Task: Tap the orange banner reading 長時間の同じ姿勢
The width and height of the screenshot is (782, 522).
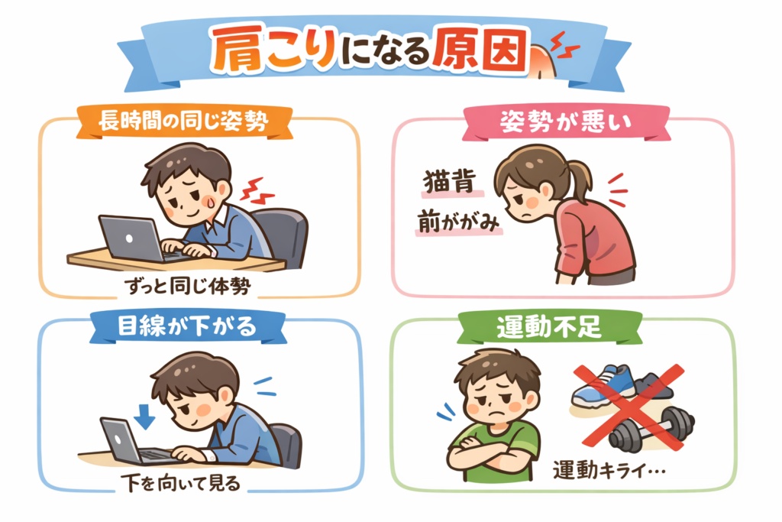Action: [x=184, y=122]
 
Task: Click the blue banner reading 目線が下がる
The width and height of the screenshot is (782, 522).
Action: [x=188, y=327]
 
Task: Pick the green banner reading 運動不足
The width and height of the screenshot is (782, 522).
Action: [x=549, y=327]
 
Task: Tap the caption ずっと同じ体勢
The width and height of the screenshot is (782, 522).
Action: [x=188, y=286]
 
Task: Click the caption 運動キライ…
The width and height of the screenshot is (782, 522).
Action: [x=609, y=470]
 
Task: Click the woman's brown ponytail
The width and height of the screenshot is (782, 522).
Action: [x=579, y=179]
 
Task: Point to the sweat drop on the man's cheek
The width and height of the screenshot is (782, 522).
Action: [x=211, y=201]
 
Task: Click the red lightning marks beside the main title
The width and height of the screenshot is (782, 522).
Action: [x=564, y=45]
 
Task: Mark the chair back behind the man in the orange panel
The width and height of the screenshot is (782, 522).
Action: [x=284, y=234]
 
